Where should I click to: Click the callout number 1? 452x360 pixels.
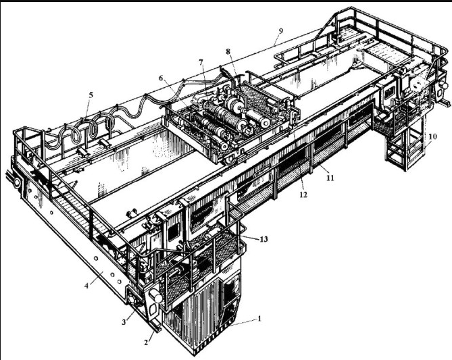point(259,319)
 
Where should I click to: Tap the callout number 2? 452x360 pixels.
point(146,342)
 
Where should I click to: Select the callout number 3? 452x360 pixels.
point(124,322)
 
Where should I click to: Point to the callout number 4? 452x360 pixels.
point(86,286)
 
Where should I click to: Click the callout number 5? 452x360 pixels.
point(91,95)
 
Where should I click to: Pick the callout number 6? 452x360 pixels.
point(161,78)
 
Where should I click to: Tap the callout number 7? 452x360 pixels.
point(201,62)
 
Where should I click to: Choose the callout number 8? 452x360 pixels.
point(228,51)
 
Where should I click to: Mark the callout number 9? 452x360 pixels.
point(281,31)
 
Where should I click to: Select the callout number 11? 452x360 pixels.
point(330,178)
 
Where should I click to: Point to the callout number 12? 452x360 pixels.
point(303,195)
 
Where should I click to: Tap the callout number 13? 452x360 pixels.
point(263,239)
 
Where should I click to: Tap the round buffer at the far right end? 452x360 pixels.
point(445,85)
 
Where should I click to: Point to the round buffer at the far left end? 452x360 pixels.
point(17,182)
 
